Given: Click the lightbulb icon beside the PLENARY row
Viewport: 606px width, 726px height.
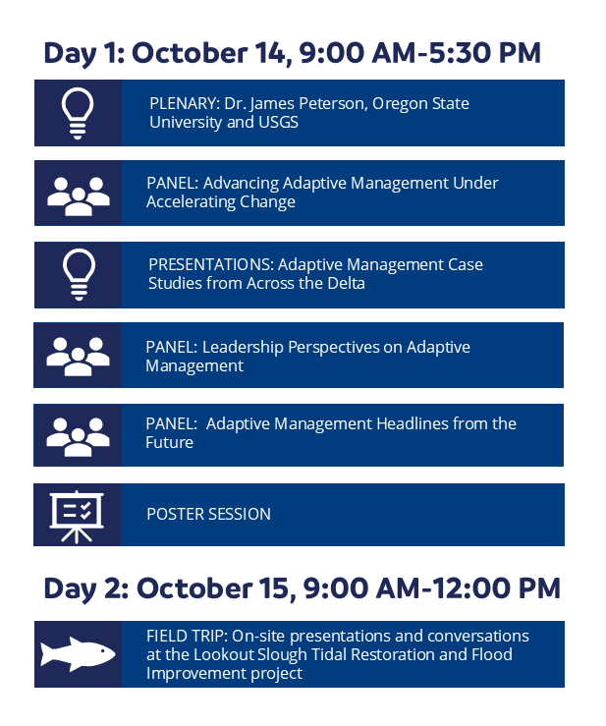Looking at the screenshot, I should [78, 112].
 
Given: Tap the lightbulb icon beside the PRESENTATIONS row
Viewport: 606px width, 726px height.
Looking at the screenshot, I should [78, 273].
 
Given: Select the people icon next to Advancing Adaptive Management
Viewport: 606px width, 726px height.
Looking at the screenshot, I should [78, 194].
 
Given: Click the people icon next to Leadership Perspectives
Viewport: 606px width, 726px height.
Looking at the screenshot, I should [78, 355].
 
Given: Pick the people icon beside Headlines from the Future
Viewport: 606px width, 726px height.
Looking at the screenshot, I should [78, 434].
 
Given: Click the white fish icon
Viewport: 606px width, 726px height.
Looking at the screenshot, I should [78, 653].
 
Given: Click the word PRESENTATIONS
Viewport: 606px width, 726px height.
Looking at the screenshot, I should [210, 264].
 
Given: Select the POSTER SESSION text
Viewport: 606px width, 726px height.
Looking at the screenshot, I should [208, 514].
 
